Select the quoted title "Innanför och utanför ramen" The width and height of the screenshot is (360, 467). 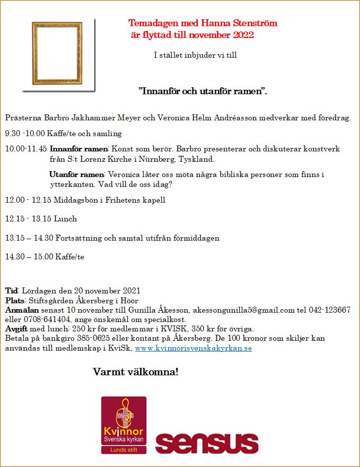[202, 91]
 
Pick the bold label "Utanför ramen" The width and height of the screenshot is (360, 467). [76, 175]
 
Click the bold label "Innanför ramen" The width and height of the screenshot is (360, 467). [78, 149]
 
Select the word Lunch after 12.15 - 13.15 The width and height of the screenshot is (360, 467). [66, 219]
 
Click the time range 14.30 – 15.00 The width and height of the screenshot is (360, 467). [29, 257]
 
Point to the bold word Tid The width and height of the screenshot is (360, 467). [11, 290]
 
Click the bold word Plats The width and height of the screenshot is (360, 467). [14, 300]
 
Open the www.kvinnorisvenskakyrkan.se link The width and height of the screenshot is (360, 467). [193, 348]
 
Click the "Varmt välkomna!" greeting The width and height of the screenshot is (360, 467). [136, 371]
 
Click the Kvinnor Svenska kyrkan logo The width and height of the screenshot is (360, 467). [124, 425]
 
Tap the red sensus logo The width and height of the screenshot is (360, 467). [207, 443]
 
